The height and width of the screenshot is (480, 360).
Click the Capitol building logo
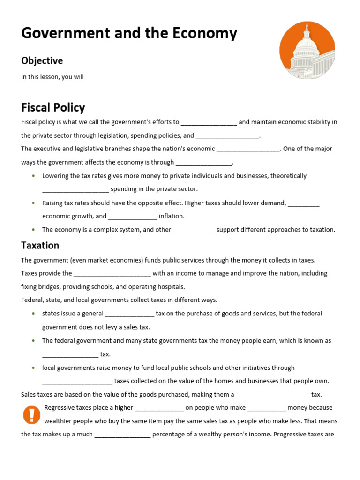[x=307, y=51]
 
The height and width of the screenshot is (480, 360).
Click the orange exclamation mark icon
[x=31, y=415]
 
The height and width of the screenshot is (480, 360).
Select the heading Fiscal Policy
[x=53, y=107]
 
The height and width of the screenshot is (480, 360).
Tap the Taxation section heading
[x=40, y=245]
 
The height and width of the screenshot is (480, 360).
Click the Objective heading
[x=42, y=60]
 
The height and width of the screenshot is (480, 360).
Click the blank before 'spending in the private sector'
[x=75, y=189]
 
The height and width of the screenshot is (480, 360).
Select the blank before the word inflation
[x=133, y=217]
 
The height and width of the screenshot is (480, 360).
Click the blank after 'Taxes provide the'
[x=112, y=274]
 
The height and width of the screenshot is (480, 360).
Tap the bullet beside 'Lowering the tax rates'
[x=33, y=176]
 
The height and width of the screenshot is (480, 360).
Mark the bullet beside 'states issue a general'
[x=33, y=314]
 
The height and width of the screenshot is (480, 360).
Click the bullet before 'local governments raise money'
[x=33, y=368]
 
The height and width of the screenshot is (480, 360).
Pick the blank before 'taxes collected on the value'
[x=77, y=382]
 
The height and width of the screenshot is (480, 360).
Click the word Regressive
[x=60, y=408]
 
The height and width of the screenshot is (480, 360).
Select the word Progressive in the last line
[x=291, y=435]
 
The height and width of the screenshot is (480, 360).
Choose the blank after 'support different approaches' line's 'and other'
[x=194, y=230]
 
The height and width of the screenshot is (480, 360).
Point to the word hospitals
[x=171, y=287]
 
